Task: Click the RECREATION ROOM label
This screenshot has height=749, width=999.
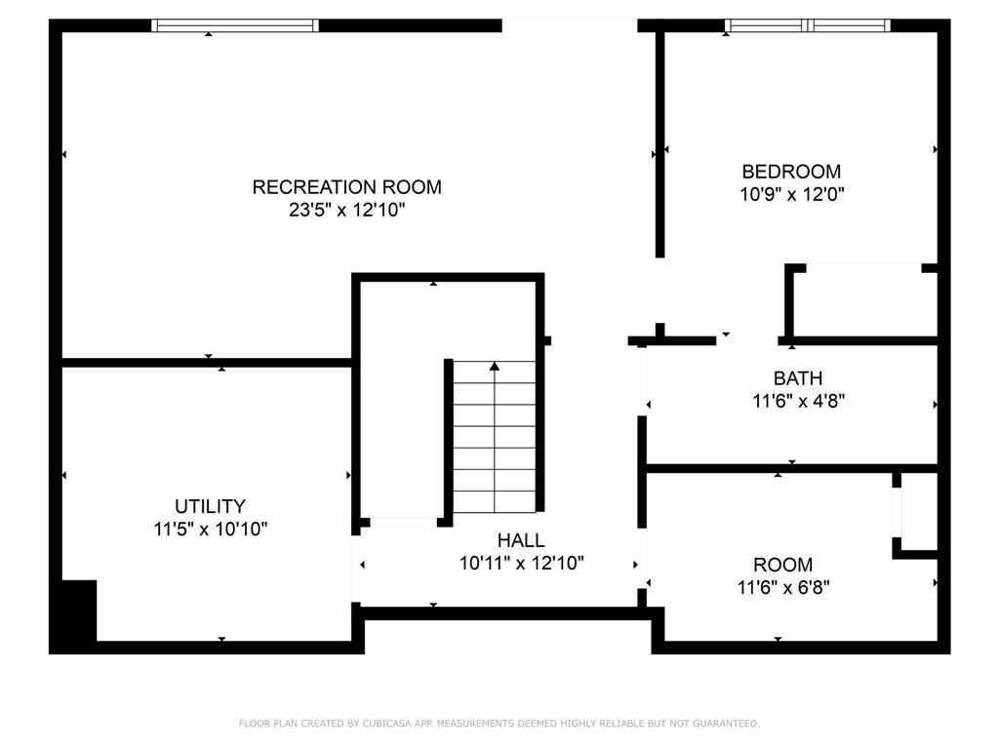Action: pyautogui.click(x=346, y=187)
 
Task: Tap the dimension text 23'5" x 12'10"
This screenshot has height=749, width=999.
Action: pyautogui.click(x=346, y=210)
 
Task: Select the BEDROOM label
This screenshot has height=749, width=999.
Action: pyautogui.click(x=791, y=172)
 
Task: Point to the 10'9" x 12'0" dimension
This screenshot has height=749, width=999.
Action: pyautogui.click(x=791, y=194)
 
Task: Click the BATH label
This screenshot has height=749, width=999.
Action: pyautogui.click(x=798, y=378)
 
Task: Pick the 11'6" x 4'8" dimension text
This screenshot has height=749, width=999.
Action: pyautogui.click(x=798, y=401)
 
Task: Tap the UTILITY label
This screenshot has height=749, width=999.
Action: pyautogui.click(x=211, y=506)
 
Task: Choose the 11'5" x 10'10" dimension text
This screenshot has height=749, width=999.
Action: pyautogui.click(x=211, y=529)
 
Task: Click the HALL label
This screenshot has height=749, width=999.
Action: pyautogui.click(x=521, y=540)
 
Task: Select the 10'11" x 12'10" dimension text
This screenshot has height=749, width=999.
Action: pyautogui.click(x=522, y=563)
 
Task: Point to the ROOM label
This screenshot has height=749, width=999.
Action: pyautogui.click(x=783, y=565)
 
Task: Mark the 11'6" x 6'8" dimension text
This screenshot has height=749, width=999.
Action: pyautogui.click(x=783, y=587)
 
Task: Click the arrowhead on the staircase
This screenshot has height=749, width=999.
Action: pyautogui.click(x=495, y=367)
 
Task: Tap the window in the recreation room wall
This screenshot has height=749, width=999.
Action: pyautogui.click(x=235, y=25)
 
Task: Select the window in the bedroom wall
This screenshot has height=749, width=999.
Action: pyautogui.click(x=808, y=25)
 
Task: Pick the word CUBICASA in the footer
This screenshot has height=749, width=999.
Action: pyautogui.click(x=386, y=724)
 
